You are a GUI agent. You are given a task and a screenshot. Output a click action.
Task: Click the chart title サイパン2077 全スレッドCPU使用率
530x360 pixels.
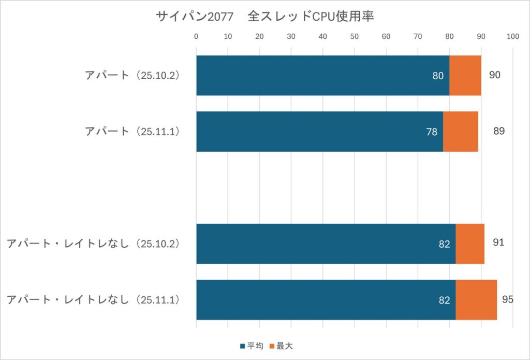[x=264, y=17]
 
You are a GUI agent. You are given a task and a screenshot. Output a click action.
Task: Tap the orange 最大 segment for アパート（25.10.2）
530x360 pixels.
[x=465, y=76]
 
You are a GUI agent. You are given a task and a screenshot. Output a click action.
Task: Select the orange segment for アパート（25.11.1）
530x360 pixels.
[x=461, y=132]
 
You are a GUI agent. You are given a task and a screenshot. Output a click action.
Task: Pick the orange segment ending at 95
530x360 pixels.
[x=476, y=300]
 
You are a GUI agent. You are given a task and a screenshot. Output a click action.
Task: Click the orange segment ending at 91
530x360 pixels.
[x=470, y=244]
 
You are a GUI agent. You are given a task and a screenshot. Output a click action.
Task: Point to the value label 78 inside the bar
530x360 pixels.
[x=432, y=132]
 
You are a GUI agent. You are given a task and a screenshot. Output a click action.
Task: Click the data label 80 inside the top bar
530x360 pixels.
[x=438, y=76]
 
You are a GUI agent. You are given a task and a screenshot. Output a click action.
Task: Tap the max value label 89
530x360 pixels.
[x=498, y=131]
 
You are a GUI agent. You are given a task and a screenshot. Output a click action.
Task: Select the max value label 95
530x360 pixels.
[x=507, y=299]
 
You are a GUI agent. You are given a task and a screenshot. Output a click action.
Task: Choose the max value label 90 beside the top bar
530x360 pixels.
[x=495, y=75]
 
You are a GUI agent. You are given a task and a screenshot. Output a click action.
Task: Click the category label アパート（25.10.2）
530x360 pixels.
[x=132, y=75]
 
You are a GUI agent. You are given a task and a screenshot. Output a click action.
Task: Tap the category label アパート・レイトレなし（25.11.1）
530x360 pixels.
[x=93, y=300]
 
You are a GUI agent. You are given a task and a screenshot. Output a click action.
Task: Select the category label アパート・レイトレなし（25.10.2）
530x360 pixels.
[x=93, y=243]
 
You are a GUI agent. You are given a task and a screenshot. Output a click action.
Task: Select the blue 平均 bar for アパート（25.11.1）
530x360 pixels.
[x=319, y=132]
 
